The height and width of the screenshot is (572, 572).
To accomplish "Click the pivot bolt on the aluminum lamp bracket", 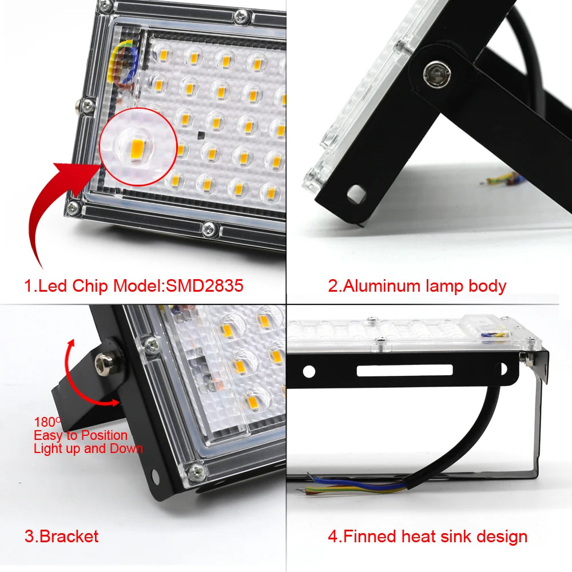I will click(x=432, y=73).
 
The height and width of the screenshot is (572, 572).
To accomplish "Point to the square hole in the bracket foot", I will click(x=356, y=194).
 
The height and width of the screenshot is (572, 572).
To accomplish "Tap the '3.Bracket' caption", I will click(x=61, y=537).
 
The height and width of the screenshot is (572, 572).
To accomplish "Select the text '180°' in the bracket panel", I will click(x=47, y=422).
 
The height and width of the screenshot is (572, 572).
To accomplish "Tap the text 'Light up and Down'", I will click(x=88, y=448).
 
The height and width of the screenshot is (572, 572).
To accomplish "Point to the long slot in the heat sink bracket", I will click(x=404, y=371).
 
